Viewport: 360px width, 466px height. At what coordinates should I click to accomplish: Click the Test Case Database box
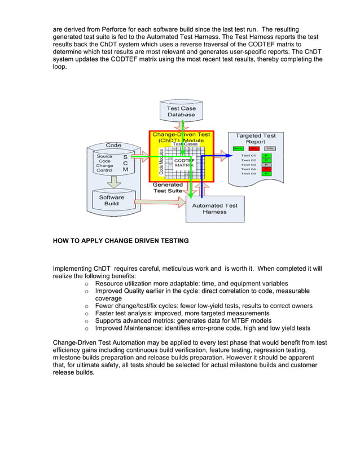(x=181, y=111)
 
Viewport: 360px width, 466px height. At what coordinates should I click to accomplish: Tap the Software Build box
(x=111, y=200)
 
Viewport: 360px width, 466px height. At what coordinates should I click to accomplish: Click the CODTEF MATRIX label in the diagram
(x=184, y=162)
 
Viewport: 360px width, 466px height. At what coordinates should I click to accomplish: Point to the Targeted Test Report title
(x=255, y=138)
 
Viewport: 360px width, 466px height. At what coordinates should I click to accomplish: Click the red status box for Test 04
(x=266, y=169)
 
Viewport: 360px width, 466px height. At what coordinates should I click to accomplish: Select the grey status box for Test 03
(x=266, y=164)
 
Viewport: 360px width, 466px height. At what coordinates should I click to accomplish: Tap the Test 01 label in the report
(x=248, y=155)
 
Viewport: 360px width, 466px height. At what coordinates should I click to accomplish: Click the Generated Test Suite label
(x=168, y=187)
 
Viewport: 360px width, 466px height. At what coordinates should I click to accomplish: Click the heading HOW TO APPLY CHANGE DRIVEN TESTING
(x=121, y=241)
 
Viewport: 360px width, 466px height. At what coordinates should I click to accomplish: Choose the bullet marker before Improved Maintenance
(x=86, y=327)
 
